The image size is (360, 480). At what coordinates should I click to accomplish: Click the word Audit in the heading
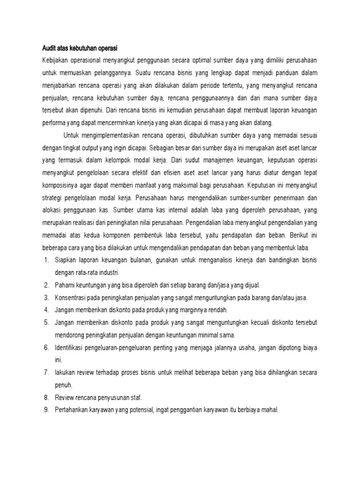(46, 48)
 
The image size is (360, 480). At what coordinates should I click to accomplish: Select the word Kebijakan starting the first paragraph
(54, 61)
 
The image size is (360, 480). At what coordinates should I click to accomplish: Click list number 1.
(46, 260)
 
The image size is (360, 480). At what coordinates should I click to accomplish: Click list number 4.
(46, 310)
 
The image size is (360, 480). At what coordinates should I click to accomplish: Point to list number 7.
(46, 373)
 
